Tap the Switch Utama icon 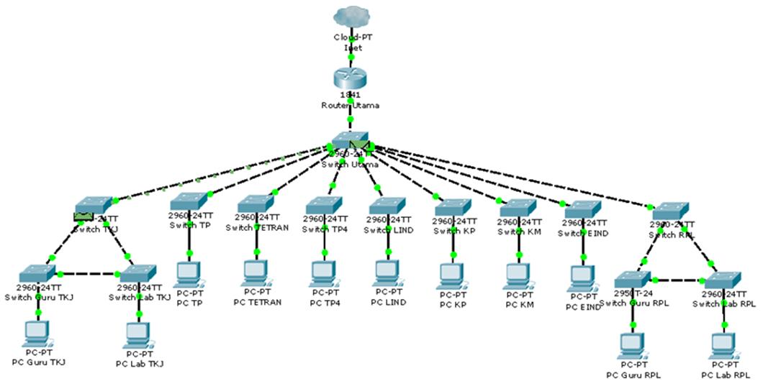coord(351,140)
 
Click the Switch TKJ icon coord(94,205)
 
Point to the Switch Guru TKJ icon coord(37,273)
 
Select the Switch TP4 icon coord(324,204)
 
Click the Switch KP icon coord(453,206)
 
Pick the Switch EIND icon coord(583,209)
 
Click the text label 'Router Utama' coord(351,105)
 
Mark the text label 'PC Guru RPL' coord(633,375)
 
